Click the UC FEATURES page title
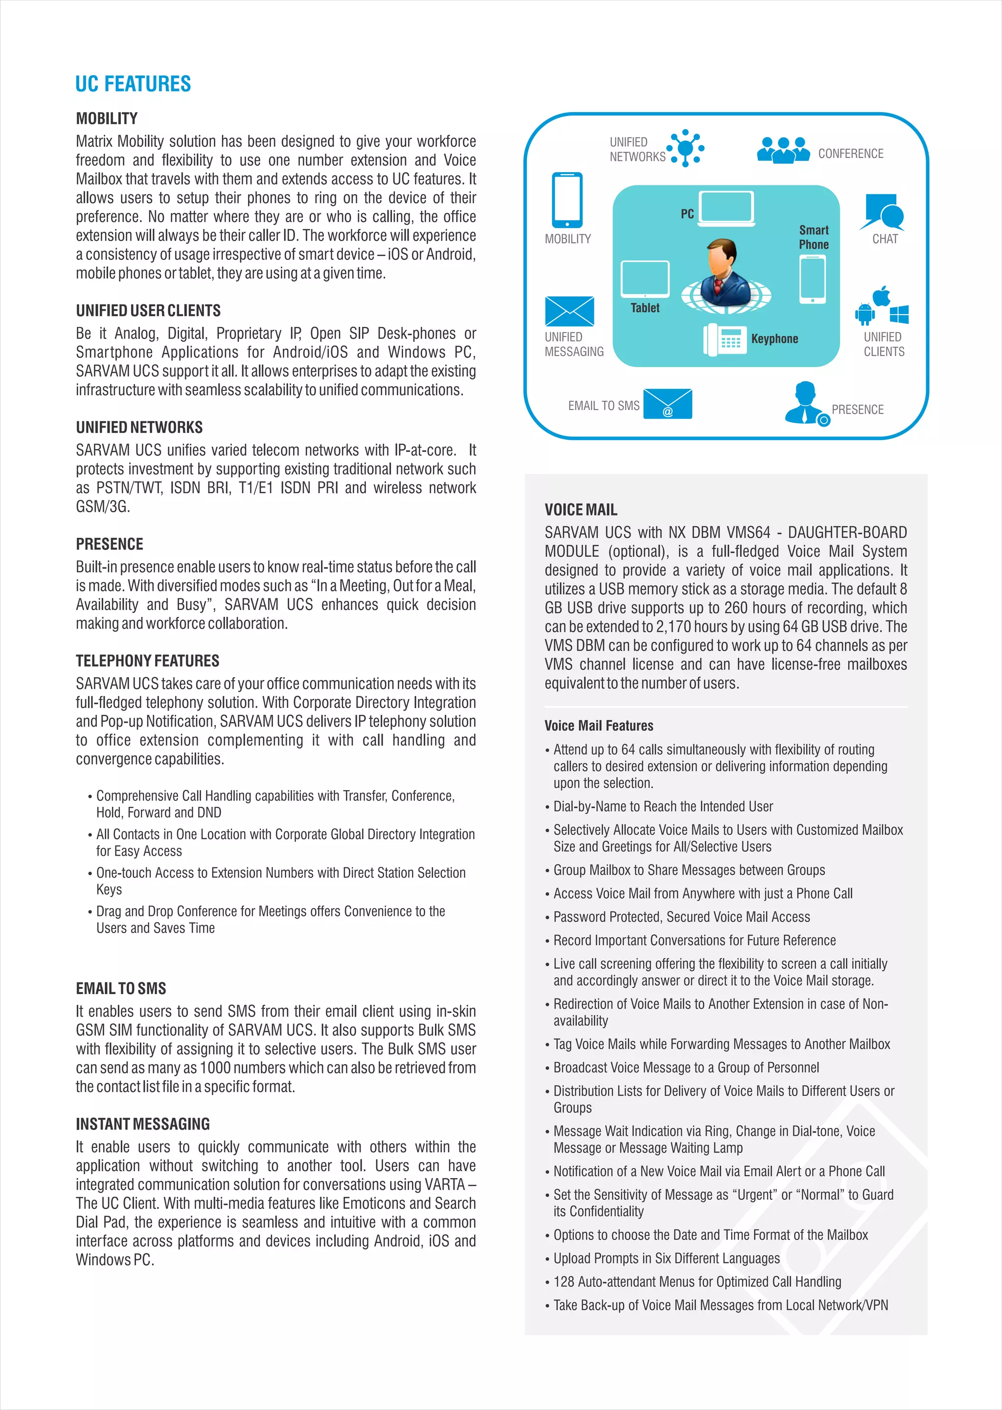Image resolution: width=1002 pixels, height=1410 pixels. [133, 84]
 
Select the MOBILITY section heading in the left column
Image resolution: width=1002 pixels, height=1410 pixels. [107, 118]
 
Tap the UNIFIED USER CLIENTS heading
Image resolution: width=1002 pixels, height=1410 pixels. [148, 310]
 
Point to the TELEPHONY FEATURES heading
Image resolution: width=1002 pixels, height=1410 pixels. [147, 660]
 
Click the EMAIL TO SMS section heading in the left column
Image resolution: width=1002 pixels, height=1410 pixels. [121, 988]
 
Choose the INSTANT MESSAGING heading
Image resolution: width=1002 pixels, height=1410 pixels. [142, 1124]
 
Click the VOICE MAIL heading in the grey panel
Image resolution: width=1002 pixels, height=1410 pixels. [581, 509]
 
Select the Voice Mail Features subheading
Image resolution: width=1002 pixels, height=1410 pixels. [598, 726]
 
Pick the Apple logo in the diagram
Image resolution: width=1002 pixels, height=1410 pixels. [882, 296]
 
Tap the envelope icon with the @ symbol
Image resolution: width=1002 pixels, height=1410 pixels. [667, 404]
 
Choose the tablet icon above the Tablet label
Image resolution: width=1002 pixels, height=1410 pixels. [645, 279]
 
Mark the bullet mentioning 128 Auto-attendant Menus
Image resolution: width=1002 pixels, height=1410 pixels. [697, 1282]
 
